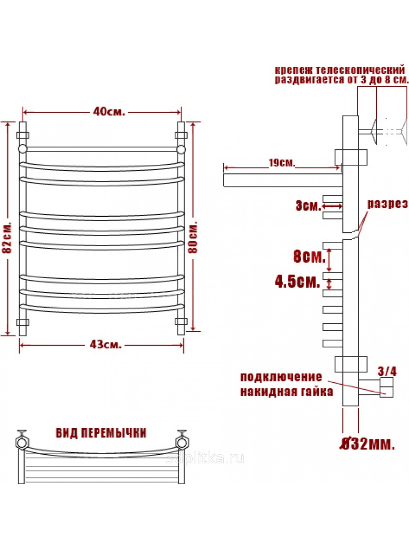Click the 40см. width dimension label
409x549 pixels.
109,112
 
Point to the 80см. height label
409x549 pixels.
193,237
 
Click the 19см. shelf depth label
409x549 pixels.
282,163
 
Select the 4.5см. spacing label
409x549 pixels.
297,282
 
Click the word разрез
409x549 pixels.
387,204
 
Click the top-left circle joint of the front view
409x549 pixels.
22,149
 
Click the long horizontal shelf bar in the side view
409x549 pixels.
283,180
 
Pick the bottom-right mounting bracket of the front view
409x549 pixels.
181,321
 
